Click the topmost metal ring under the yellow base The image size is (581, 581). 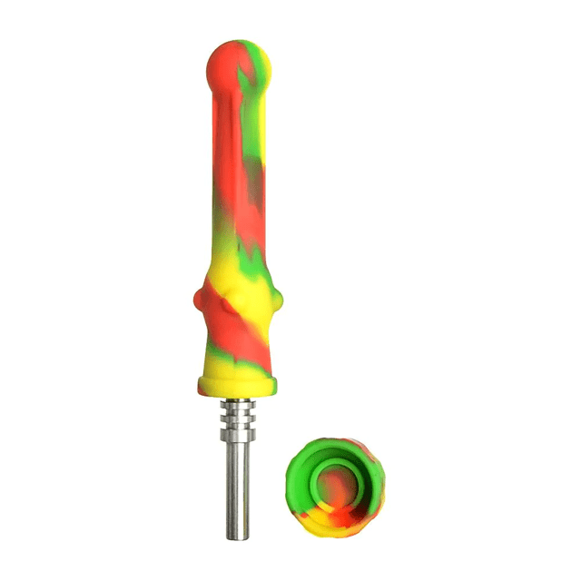[240, 401]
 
